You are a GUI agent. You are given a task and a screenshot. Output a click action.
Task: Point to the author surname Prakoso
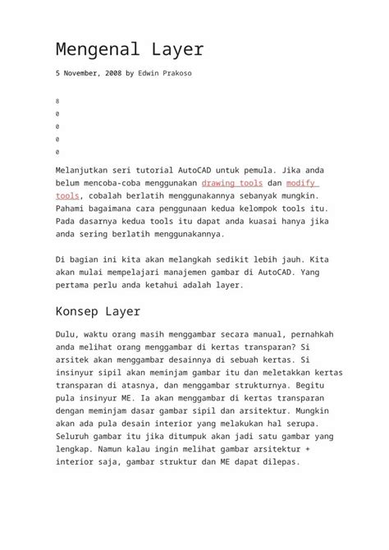coord(177,73)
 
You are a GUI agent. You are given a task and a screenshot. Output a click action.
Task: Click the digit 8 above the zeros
coord(57,101)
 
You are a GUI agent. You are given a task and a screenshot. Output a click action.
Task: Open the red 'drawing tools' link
coord(231,183)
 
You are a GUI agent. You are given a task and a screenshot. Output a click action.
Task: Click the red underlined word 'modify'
coord(301,183)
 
